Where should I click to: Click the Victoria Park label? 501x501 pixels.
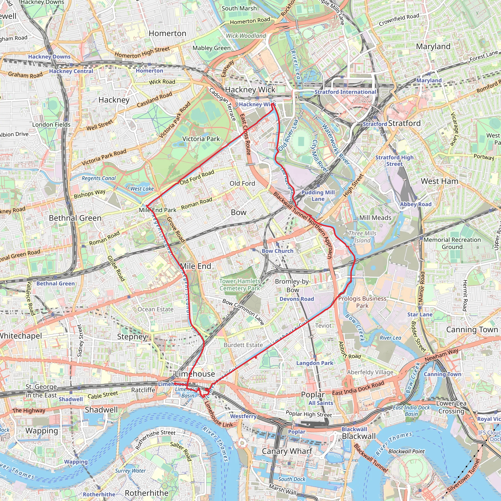[x=201, y=139]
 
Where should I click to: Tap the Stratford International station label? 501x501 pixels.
[x=345, y=92]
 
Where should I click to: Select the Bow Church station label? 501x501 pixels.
[x=277, y=251]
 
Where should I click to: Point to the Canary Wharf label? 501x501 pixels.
[x=287, y=451]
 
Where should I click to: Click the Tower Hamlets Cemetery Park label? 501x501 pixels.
[x=239, y=285]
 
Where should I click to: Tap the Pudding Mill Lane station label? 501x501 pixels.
[x=318, y=196]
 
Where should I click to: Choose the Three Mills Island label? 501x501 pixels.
[x=362, y=237]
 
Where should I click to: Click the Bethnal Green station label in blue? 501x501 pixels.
[x=56, y=284]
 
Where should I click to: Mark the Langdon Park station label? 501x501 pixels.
[x=315, y=363]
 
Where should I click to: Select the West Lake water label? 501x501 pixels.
[x=142, y=189]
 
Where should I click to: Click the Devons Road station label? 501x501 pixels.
[x=297, y=299]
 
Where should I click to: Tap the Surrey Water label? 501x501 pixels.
[x=130, y=471]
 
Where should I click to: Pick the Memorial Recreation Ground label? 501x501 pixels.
[x=452, y=243]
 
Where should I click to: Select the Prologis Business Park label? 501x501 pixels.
[x=362, y=302]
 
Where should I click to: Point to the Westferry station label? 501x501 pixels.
[x=243, y=416]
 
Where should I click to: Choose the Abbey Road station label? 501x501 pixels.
[x=415, y=204]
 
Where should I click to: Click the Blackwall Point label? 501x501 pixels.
[x=406, y=452]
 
